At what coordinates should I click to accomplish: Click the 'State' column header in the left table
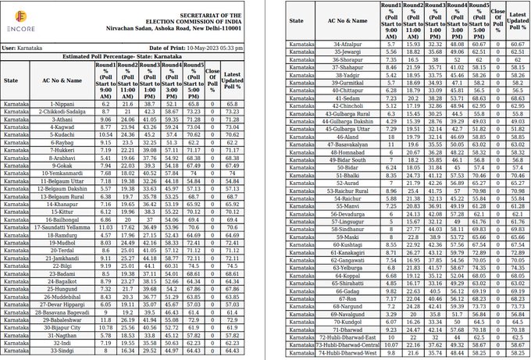[x=11, y=80]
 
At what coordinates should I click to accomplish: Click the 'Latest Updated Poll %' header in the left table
[x=231, y=80]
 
